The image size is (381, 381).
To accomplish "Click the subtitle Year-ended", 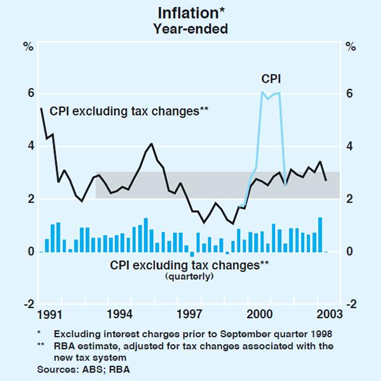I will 190,29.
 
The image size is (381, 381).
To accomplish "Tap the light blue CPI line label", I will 271,79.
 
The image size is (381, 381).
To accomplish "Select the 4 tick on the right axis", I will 351,147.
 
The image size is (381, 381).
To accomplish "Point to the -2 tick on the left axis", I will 27,305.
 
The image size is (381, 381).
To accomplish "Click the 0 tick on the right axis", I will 351,252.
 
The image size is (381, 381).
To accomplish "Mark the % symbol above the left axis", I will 29,46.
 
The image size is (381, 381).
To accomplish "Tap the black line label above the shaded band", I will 129,111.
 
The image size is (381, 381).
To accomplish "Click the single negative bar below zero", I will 192,255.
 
